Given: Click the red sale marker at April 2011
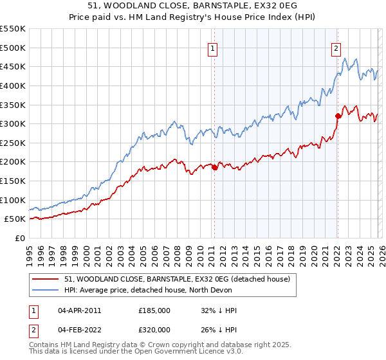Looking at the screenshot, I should pos(214,168).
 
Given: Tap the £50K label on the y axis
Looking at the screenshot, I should pos(15,219).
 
